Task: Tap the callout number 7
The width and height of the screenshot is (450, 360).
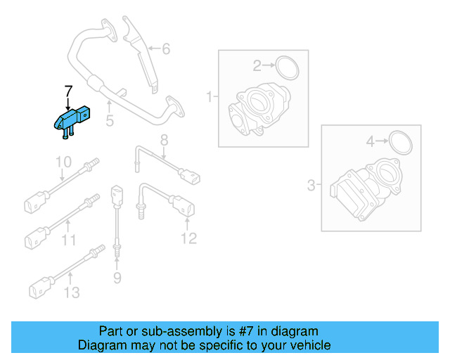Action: pos(68,91)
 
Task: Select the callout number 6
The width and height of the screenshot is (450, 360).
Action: pos(166,49)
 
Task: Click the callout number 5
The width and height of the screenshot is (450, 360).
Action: pos(109,122)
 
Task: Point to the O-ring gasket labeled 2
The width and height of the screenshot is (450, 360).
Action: pos(287,67)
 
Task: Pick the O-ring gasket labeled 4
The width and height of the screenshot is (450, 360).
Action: pos(399,142)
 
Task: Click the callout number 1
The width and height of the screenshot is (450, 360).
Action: pos(208,96)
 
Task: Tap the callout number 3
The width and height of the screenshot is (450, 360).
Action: pos(311,186)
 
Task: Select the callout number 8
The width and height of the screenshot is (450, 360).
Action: pos(163,139)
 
